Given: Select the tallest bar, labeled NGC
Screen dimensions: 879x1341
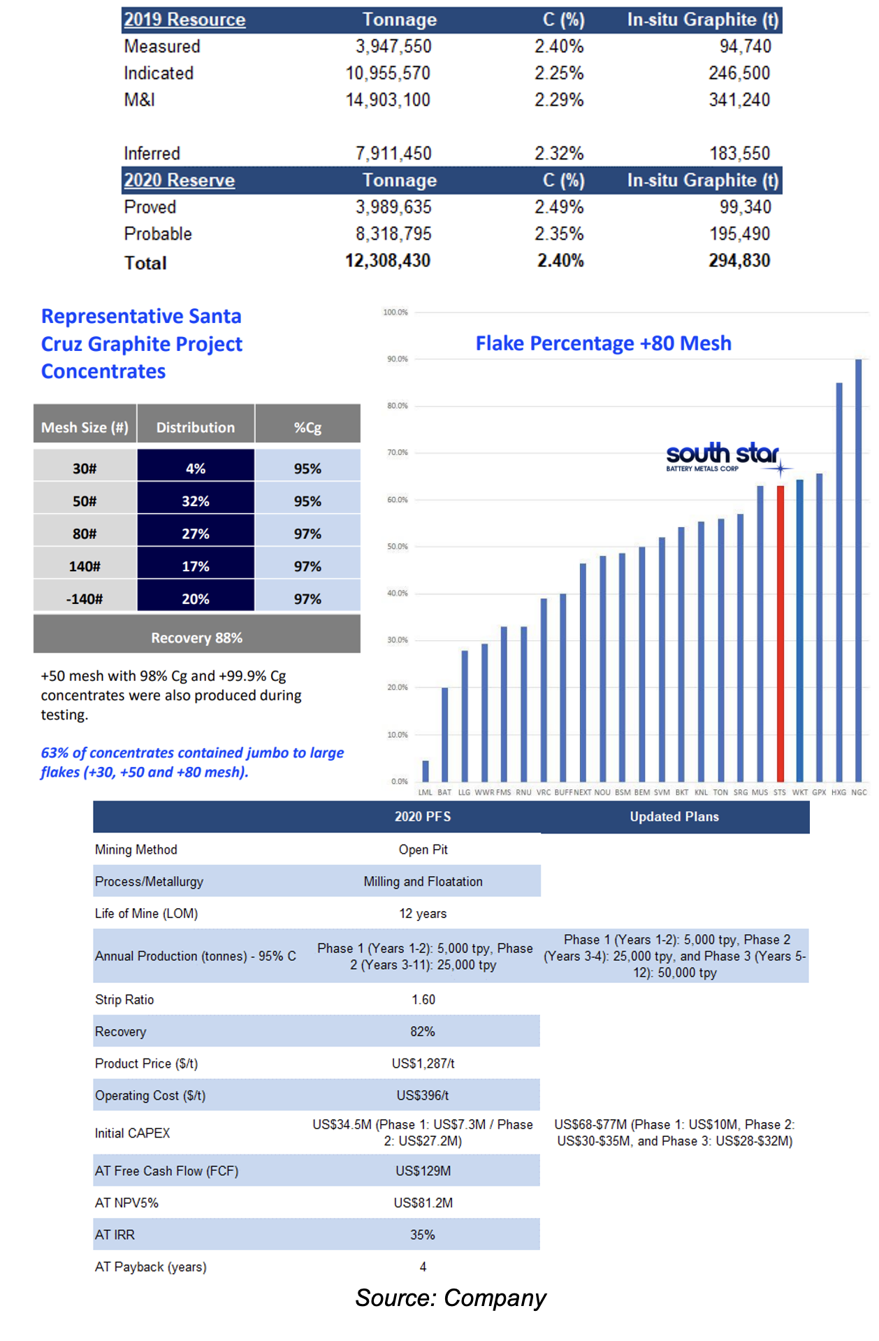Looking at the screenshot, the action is pyautogui.click(x=859, y=570).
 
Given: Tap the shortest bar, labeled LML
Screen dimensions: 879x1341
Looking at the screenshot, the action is pyautogui.click(x=426, y=770).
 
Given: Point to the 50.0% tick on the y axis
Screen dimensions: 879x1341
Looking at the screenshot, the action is pyautogui.click(x=398, y=546).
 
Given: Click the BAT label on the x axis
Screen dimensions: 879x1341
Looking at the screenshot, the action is pyautogui.click(x=444, y=792).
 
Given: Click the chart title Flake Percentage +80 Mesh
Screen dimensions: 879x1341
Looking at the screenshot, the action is pyautogui.click(x=604, y=343).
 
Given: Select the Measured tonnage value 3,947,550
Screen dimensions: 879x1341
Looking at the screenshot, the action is pyautogui.click(x=393, y=46).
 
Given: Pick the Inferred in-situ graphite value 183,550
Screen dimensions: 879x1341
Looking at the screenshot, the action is pyautogui.click(x=740, y=153).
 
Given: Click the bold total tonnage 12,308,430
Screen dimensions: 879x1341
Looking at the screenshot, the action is pyautogui.click(x=388, y=261).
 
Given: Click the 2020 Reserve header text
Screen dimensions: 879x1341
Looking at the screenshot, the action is pyautogui.click(x=180, y=180).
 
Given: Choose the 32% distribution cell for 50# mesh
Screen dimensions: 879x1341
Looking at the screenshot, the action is pyautogui.click(x=196, y=501).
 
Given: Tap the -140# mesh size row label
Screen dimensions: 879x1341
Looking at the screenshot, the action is pyautogui.click(x=85, y=599).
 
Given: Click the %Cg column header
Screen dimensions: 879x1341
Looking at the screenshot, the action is pyautogui.click(x=307, y=427).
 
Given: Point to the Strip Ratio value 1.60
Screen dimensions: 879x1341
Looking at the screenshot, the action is pyautogui.click(x=423, y=1000).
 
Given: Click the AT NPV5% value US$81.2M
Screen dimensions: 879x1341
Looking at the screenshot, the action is pyautogui.click(x=423, y=1203).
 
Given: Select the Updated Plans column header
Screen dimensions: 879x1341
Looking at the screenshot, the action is pyautogui.click(x=674, y=817).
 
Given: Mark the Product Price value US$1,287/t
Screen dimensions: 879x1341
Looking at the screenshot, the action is pyautogui.click(x=423, y=1063).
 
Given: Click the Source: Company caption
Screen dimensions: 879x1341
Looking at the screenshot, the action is pyautogui.click(x=451, y=1298).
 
